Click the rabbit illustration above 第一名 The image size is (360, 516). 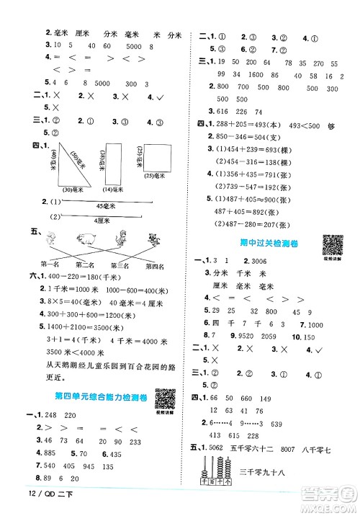click(49, 239)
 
